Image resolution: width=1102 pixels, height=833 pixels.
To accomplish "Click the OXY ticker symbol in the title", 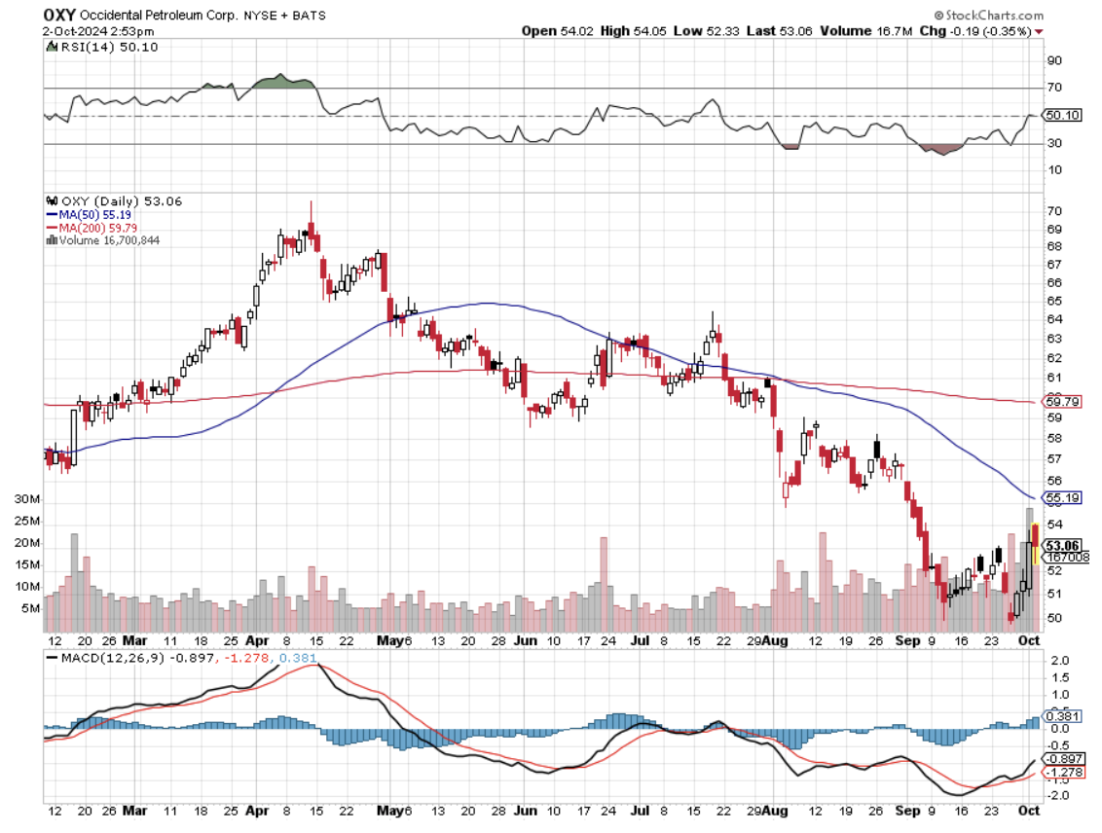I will pyautogui.click(x=59, y=16).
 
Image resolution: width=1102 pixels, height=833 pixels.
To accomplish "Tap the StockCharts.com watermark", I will pyautogui.click(x=988, y=16).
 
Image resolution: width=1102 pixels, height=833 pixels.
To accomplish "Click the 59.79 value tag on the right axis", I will pyautogui.click(x=1061, y=401).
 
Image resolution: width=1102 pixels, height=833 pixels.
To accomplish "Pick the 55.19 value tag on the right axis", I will pyautogui.click(x=1061, y=497).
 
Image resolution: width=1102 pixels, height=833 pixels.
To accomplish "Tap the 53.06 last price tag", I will pyautogui.click(x=1061, y=545).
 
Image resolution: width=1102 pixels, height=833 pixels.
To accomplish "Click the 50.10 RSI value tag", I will pyautogui.click(x=1061, y=115).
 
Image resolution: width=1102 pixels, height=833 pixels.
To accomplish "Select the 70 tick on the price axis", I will pyautogui.click(x=1053, y=210).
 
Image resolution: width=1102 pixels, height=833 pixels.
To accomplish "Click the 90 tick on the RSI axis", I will pyautogui.click(x=1053, y=60).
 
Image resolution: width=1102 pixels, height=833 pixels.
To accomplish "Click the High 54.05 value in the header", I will pyautogui.click(x=628, y=31).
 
